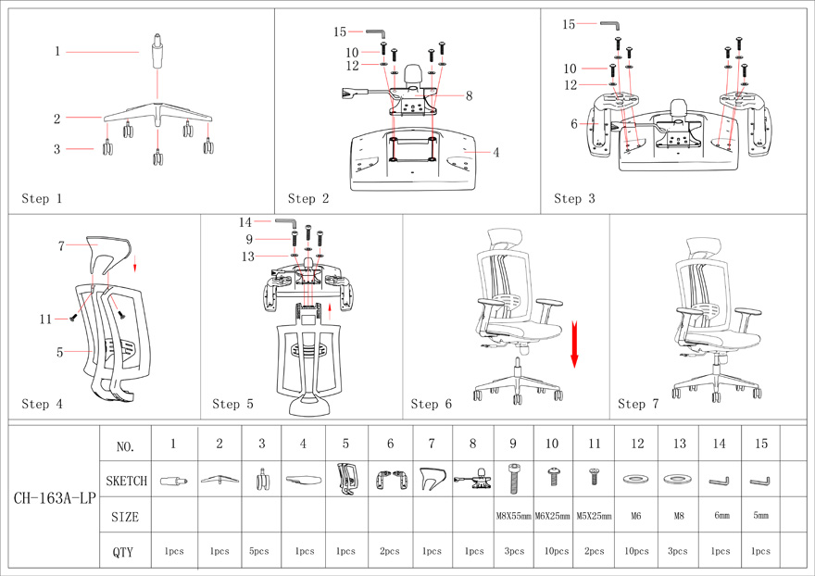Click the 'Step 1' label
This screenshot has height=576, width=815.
point(42,198)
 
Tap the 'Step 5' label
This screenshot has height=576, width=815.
point(232,404)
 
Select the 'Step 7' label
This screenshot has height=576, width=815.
point(639,404)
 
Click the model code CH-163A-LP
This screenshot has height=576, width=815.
point(55,498)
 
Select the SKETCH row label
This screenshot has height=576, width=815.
point(125,482)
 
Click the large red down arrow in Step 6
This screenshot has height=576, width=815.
point(574,344)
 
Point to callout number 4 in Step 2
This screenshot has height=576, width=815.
point(496,152)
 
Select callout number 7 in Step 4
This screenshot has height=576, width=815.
point(60,245)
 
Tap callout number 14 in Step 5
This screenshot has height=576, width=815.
point(245,222)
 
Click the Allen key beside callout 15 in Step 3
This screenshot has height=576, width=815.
point(610,24)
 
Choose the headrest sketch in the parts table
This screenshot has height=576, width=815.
point(431,480)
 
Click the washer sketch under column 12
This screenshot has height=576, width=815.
point(636,480)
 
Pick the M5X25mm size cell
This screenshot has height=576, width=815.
point(594,516)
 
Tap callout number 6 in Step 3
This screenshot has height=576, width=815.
point(574,124)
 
